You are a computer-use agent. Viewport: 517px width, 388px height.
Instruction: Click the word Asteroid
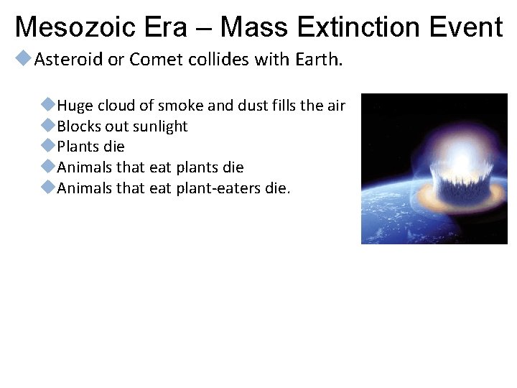pyautogui.click(x=68, y=60)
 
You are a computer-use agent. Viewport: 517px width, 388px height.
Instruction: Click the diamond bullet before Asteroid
pyautogui.click(x=24, y=59)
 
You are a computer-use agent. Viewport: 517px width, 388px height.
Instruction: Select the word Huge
pyautogui.click(x=75, y=106)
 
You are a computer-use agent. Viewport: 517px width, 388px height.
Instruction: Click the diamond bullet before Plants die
pyautogui.click(x=48, y=146)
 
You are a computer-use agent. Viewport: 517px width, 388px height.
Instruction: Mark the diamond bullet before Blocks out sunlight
pyautogui.click(x=48, y=126)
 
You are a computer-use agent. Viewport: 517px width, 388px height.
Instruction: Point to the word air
pyautogui.click(x=336, y=106)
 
